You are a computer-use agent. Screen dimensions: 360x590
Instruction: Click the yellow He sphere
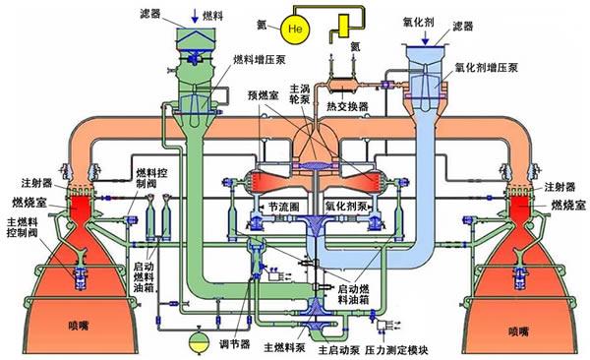pos(294,29)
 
